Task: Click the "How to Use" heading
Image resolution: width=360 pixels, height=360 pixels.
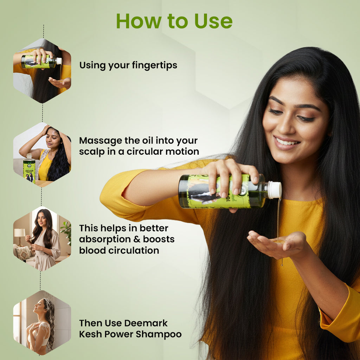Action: pos(174,21)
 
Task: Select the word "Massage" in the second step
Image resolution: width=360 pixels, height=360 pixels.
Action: pos(101,141)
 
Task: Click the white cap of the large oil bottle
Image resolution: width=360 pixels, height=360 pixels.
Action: pos(274,189)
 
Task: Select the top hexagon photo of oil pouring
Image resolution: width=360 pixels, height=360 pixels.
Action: pos(42,71)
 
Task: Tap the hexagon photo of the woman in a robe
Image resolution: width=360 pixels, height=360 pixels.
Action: pos(42,239)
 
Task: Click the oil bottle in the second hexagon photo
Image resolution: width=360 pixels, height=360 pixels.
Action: pos(29,169)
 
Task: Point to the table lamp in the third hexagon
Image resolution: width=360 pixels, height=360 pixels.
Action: pos(20,233)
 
